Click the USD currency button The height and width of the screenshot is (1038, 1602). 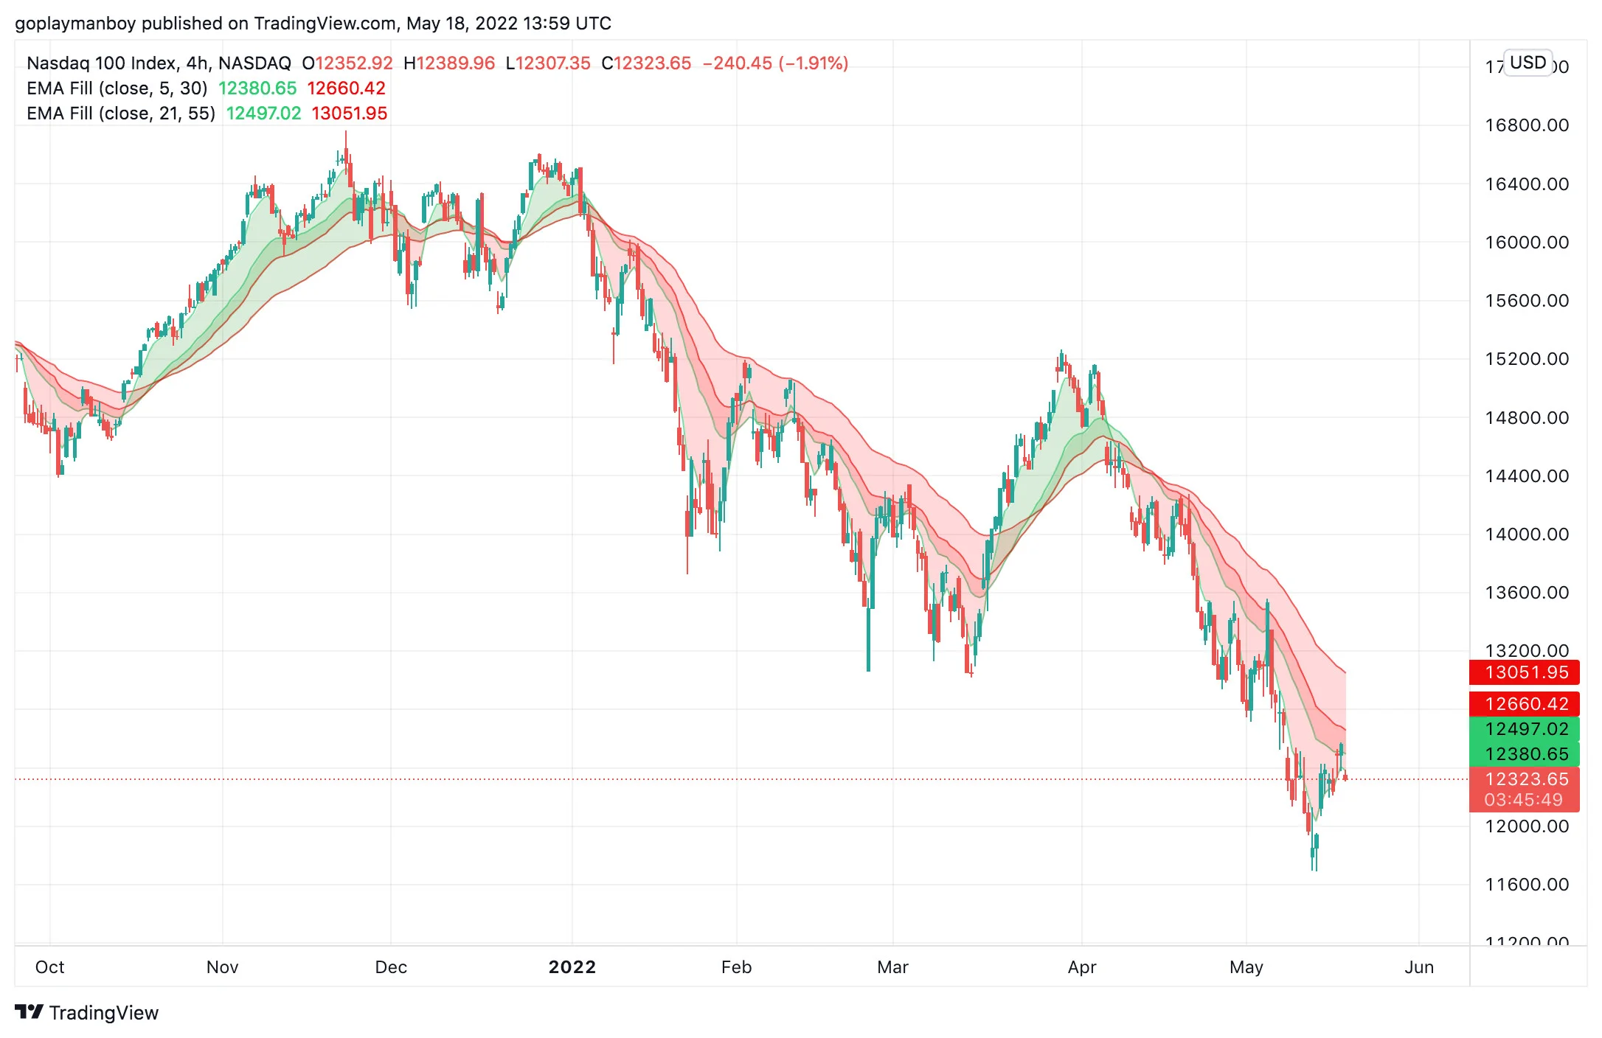(1528, 63)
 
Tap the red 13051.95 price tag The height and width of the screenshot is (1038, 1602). (1524, 672)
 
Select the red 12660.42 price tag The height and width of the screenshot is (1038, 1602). (1524, 704)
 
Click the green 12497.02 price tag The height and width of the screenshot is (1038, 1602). (1524, 729)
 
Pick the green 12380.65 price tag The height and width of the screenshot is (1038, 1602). (1524, 754)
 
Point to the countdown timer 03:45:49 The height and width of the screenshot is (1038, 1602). (1524, 800)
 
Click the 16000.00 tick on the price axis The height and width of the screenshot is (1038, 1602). (1527, 243)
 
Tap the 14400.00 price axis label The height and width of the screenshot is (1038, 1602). (1527, 476)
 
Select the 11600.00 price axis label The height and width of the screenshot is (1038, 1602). (1527, 885)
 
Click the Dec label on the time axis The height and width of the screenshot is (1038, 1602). (391, 967)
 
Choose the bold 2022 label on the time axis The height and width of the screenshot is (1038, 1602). (572, 967)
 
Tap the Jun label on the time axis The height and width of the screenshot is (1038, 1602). (1419, 967)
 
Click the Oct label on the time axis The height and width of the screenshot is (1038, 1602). (50, 967)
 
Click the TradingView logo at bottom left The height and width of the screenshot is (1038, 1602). (87, 1013)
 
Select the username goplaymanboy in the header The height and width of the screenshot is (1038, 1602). (75, 24)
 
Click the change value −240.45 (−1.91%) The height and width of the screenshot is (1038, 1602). (775, 63)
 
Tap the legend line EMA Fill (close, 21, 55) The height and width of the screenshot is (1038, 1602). (121, 114)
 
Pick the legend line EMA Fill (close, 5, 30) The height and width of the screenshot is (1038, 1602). (117, 88)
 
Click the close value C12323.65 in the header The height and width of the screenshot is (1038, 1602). (646, 63)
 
